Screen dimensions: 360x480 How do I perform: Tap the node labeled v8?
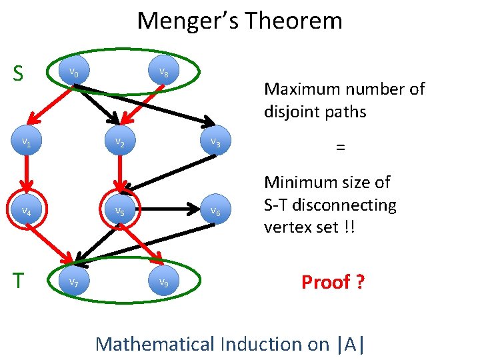click(x=163, y=73)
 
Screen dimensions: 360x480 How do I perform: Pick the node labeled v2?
click(x=119, y=142)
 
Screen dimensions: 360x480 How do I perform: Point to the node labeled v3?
click(x=215, y=141)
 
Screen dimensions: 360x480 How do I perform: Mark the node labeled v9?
click(x=163, y=281)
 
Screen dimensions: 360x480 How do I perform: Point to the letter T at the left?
click(x=19, y=281)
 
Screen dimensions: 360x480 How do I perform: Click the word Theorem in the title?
click(x=293, y=21)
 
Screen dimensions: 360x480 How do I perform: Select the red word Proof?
click(x=325, y=282)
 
